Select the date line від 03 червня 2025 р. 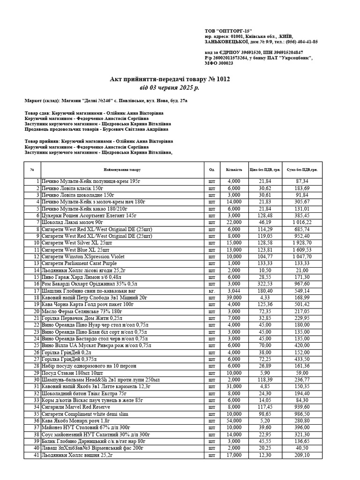(x=169, y=87)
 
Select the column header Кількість (x=233, y=170)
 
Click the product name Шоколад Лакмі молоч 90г (x=73, y=222)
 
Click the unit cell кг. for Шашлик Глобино (x=211, y=291)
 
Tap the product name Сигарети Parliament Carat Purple (x=79, y=263)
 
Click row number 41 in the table (x=36, y=455)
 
